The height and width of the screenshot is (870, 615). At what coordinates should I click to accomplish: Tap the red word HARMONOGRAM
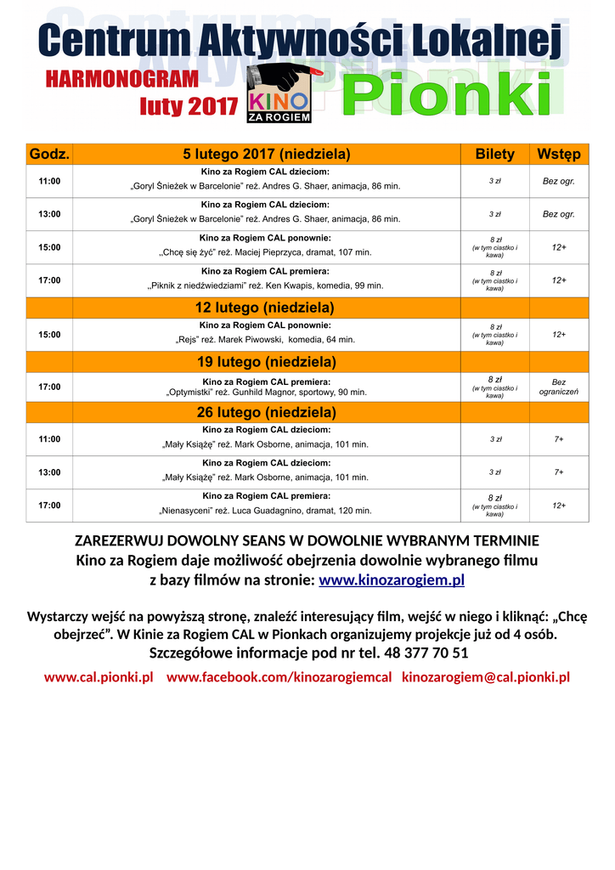click(x=121, y=79)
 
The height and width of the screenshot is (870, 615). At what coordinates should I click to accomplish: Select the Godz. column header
click(x=49, y=154)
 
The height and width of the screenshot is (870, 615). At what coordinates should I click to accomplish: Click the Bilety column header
click(x=494, y=154)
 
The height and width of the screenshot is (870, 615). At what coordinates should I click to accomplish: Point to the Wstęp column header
click(x=558, y=154)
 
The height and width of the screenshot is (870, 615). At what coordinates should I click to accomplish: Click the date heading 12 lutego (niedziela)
click(x=266, y=307)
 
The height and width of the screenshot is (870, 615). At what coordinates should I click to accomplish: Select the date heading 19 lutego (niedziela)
click(x=266, y=361)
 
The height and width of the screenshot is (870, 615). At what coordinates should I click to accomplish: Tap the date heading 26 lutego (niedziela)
click(x=266, y=412)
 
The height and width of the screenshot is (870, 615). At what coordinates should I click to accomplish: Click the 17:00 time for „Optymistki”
click(x=49, y=387)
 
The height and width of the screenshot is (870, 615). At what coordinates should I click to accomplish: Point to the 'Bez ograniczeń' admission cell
click(x=558, y=387)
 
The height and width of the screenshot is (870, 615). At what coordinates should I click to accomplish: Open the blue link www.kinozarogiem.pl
click(x=391, y=581)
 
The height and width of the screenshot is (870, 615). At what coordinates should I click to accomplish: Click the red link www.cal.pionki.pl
click(x=99, y=677)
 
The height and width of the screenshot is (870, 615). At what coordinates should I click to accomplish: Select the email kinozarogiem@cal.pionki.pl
click(x=485, y=677)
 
